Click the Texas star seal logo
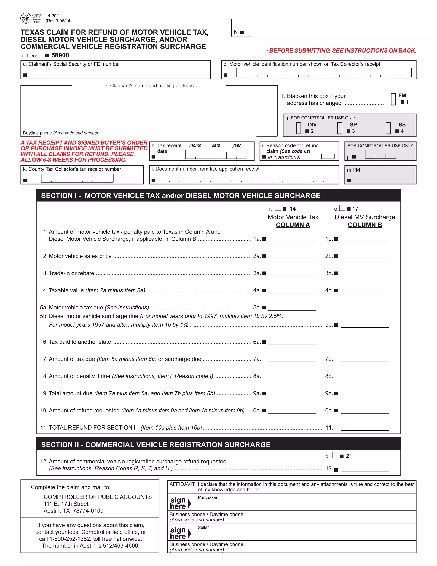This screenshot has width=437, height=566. pos(26,18)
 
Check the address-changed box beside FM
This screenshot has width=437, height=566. pos(393,99)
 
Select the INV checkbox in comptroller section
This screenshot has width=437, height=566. pos(299,128)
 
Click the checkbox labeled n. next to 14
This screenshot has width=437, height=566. pos(278,208)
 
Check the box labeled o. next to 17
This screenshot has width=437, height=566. pos(342,208)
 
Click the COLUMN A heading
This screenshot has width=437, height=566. pos(293,225)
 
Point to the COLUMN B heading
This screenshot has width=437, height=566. pos(365,225)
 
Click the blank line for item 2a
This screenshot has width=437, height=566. pos(292,257)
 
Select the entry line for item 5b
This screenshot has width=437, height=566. pos(365,325)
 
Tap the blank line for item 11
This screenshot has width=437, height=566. pos(365,428)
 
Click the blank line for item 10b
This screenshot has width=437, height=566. pos(365,411)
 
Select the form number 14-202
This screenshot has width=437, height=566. pos(52,16)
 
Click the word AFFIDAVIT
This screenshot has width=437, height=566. pos(182,484)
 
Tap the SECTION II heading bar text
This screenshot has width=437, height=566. pos(156,445)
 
